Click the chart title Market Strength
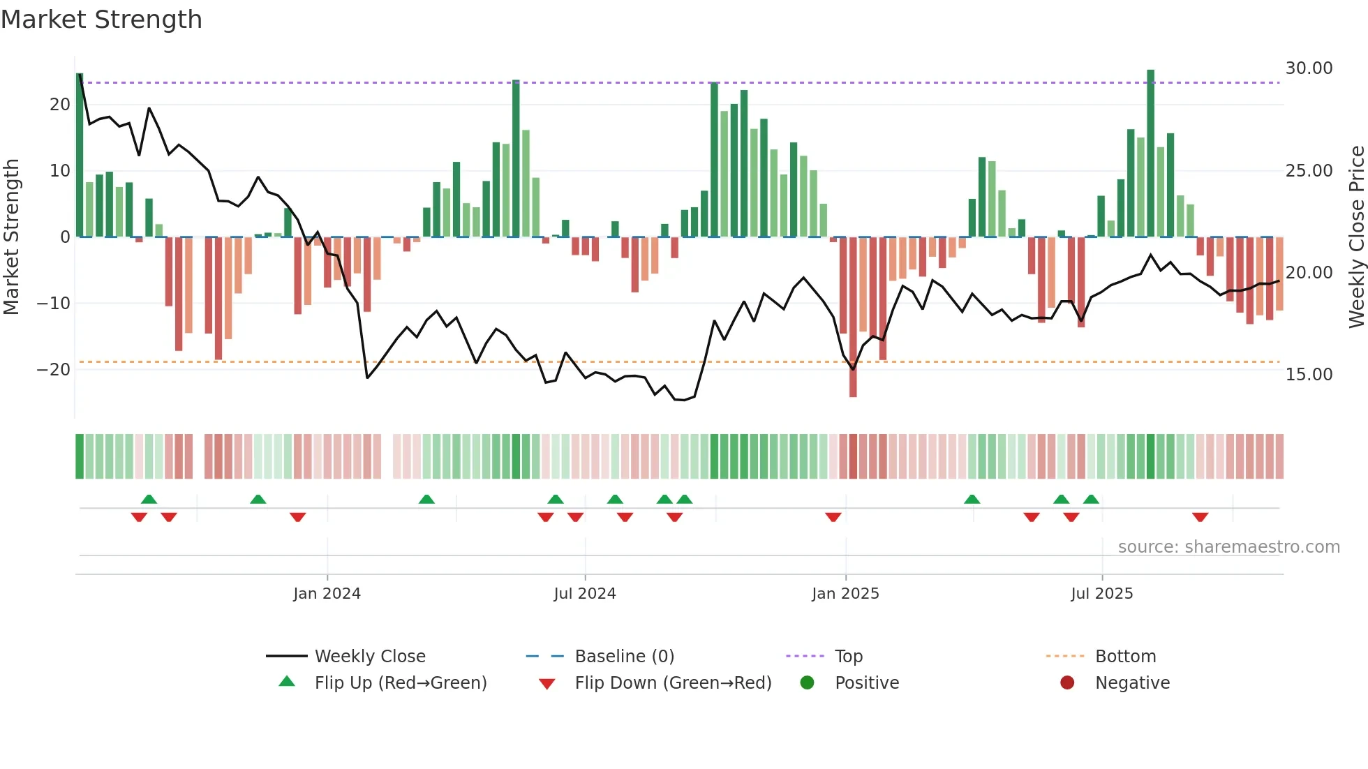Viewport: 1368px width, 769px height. (x=101, y=20)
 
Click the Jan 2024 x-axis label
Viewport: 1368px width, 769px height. (x=327, y=594)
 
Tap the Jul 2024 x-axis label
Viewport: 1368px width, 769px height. (x=585, y=594)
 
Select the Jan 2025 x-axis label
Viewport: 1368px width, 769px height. (x=845, y=594)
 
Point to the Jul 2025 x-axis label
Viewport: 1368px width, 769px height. (x=1102, y=594)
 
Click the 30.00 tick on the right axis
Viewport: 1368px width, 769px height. (x=1309, y=68)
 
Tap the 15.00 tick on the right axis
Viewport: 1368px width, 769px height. (x=1309, y=375)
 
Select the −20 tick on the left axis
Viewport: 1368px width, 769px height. (x=54, y=370)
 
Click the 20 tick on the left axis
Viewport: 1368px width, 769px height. (x=59, y=105)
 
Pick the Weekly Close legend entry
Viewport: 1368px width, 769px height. (x=370, y=657)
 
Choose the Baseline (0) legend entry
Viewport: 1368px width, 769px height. (x=624, y=657)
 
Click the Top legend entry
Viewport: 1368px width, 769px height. (x=849, y=657)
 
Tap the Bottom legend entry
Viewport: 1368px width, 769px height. (x=1125, y=657)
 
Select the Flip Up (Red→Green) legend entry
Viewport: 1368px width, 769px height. (x=400, y=683)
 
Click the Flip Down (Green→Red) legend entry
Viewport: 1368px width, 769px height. (x=673, y=683)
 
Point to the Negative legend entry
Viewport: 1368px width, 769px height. (x=1132, y=683)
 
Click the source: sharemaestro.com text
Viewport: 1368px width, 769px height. (x=1228, y=547)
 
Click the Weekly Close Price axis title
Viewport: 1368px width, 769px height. (x=1356, y=237)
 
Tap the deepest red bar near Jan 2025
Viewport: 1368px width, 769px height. (x=853, y=318)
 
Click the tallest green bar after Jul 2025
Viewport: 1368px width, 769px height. (x=1151, y=154)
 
